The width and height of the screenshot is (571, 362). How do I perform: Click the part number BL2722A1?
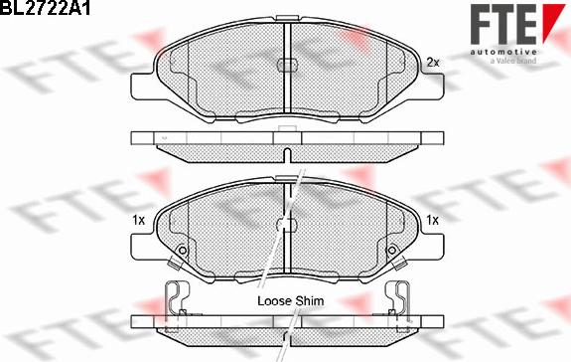(x=45, y=7)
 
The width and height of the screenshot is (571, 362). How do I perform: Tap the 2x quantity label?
(x=433, y=63)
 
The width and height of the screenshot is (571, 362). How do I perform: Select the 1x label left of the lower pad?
(x=138, y=220)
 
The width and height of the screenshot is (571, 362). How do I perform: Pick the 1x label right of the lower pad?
(x=433, y=220)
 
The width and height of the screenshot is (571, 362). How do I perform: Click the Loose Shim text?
(x=291, y=301)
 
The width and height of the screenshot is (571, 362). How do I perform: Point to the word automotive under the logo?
(x=502, y=52)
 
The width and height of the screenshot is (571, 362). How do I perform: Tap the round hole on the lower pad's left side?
(x=183, y=251)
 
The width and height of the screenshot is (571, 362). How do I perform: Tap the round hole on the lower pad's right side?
(x=392, y=251)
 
